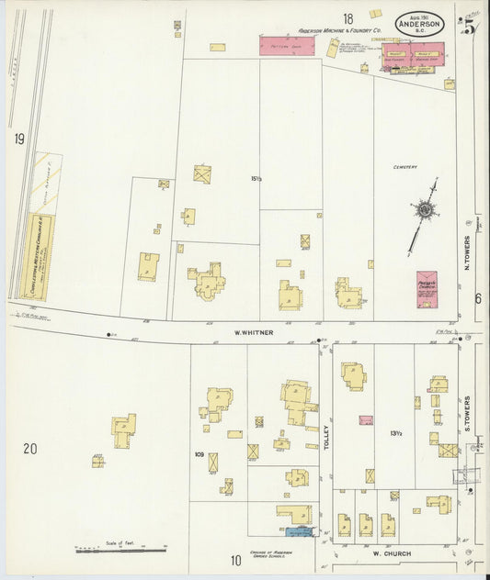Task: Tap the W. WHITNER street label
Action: [253, 332]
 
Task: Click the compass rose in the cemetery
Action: [424, 210]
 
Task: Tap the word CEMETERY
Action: [405, 167]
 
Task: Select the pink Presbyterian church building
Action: [426, 287]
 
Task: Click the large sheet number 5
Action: [469, 27]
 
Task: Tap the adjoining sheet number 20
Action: [30, 449]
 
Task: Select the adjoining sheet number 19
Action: [18, 139]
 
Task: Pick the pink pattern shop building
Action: [287, 46]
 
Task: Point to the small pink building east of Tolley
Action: [366, 420]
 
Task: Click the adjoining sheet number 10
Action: [235, 560]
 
